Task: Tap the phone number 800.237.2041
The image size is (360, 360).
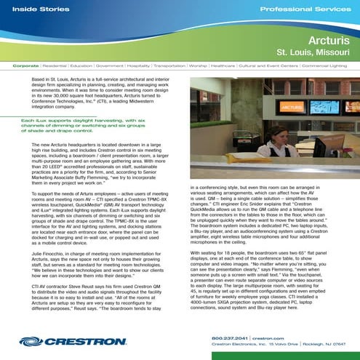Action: (x=230, y=337)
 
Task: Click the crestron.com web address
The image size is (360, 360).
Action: (x=270, y=337)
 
